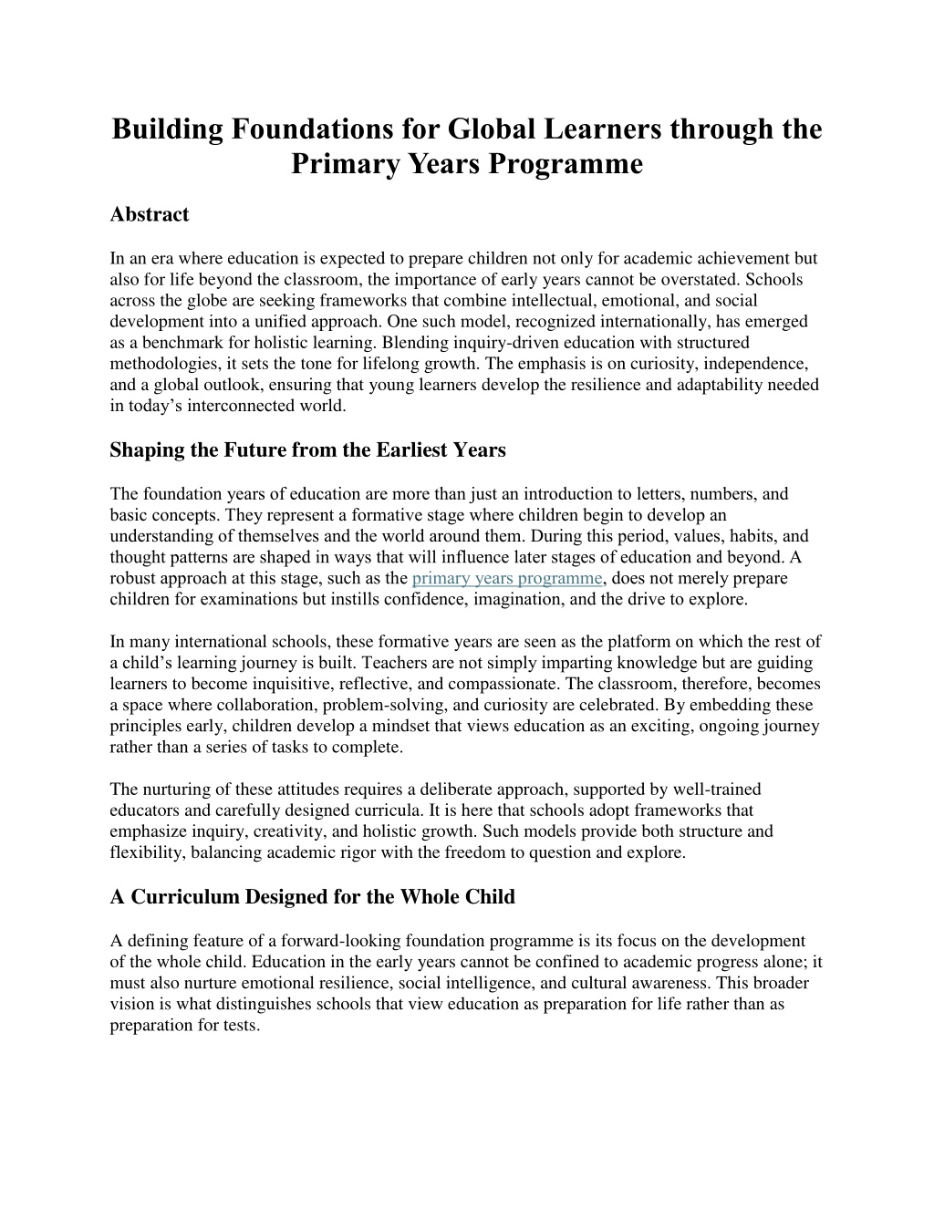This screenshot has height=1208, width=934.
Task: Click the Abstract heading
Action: point(149,214)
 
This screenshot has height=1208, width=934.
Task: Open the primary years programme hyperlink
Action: point(507,578)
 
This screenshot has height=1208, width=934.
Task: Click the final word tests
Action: point(241,1024)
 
